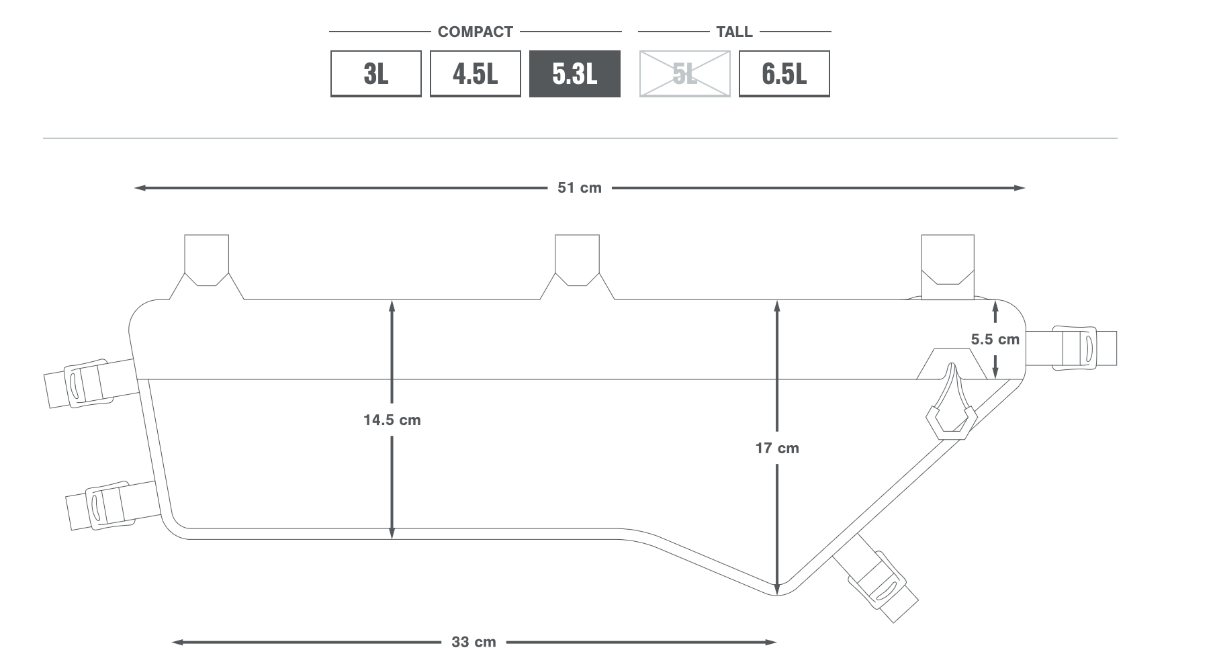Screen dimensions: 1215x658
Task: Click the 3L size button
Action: pos(376,74)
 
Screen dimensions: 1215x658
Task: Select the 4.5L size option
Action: pos(476,74)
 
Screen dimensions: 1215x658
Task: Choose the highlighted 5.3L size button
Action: pos(575,74)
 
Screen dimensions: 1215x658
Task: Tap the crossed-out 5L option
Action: pos(684,74)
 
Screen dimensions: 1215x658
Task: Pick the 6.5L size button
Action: pos(784,74)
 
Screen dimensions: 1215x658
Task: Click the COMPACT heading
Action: pos(476,32)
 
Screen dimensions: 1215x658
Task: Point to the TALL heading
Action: pos(734,32)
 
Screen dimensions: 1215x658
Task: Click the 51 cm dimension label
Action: pos(580,188)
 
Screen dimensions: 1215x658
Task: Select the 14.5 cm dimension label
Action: pos(392,420)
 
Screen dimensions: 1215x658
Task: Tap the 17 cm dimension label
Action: pos(777,449)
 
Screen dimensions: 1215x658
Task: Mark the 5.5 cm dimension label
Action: pos(995,340)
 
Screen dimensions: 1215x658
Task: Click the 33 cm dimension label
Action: pos(474,642)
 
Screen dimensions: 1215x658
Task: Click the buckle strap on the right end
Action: pos(1071,348)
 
